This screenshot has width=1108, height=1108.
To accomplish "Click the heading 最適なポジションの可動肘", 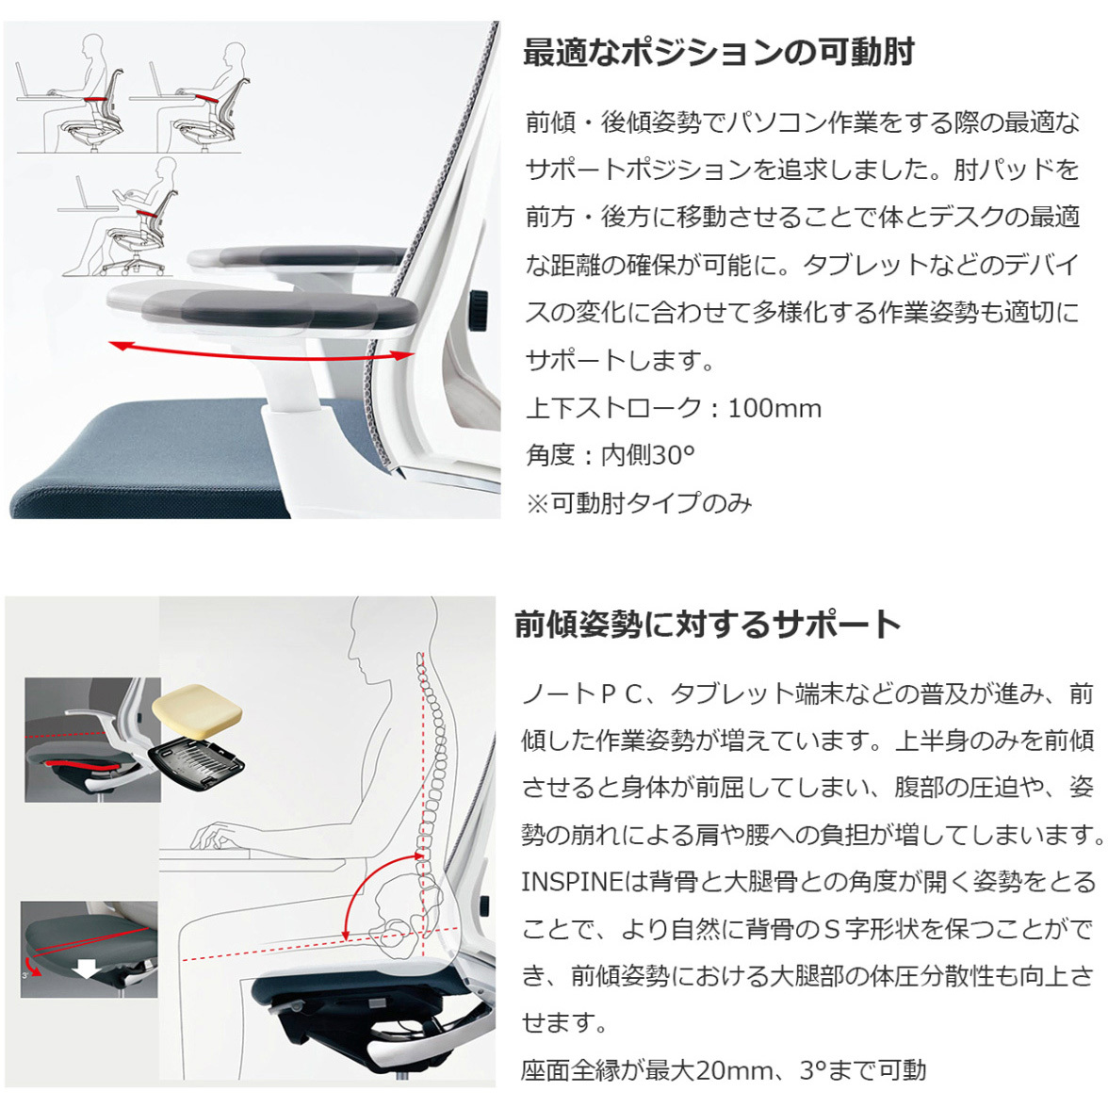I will (x=718, y=53).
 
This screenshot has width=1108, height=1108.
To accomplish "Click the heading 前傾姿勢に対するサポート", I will (x=707, y=625).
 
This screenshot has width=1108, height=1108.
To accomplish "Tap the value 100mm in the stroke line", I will (x=774, y=409).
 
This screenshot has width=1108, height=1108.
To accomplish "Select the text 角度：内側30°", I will (x=610, y=456).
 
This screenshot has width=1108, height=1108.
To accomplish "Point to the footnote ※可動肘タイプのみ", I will (x=639, y=504).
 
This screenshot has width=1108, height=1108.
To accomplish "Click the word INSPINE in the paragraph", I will (x=571, y=883).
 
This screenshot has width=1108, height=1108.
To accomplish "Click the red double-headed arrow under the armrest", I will (x=261, y=353).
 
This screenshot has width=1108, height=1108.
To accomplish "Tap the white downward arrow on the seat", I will (x=87, y=969).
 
